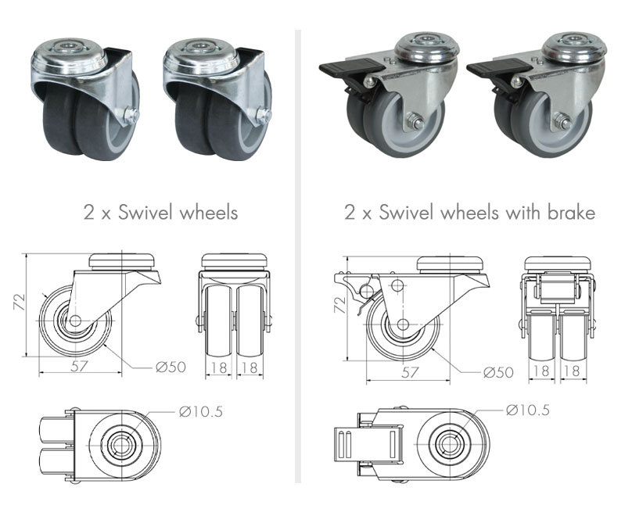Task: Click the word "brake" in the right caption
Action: coord(572,213)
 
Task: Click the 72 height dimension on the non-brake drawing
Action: coord(20,302)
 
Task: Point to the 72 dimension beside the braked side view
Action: coord(340,305)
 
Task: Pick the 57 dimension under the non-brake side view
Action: coord(80,367)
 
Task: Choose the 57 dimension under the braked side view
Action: coord(410,372)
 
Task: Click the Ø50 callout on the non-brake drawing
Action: coord(171,367)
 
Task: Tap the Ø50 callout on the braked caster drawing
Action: coord(498,373)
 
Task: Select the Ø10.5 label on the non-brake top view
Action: coord(201,412)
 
